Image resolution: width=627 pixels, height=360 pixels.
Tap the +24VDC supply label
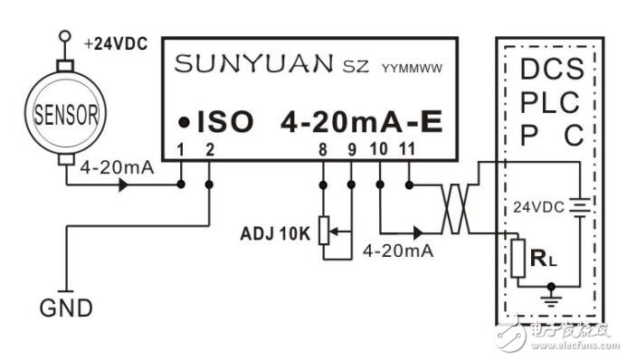point(115,43)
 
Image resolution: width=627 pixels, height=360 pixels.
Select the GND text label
point(66,308)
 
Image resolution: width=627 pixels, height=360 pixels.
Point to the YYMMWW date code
point(415,67)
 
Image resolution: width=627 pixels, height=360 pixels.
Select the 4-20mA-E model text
point(361,121)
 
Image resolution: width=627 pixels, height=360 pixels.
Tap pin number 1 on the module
point(181,147)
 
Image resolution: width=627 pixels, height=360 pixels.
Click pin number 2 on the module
point(210,147)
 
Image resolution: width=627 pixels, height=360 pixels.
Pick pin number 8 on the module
point(322,147)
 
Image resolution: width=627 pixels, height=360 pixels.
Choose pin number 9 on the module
point(351,147)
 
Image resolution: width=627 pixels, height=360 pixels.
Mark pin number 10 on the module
point(379,147)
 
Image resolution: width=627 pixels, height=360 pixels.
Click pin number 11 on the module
point(408,147)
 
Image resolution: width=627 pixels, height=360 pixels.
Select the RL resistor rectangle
point(518,257)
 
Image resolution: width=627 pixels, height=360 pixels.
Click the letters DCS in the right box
point(552,69)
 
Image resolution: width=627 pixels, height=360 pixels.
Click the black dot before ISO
point(184,122)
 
